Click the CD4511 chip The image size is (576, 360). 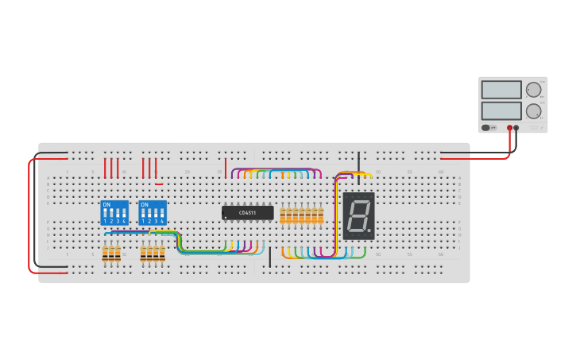pyautogui.click(x=248, y=213)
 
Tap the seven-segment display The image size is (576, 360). pyautogui.click(x=358, y=216)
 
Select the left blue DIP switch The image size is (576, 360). pyautogui.click(x=114, y=213)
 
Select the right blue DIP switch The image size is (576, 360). pyautogui.click(x=153, y=213)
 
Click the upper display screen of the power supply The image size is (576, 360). pyautogui.click(x=501, y=90)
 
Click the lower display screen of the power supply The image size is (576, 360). pyautogui.click(x=501, y=110)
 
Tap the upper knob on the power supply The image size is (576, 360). pyautogui.click(x=533, y=90)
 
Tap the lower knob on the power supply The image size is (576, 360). pyautogui.click(x=533, y=110)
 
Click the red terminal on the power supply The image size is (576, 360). pyautogui.click(x=509, y=127)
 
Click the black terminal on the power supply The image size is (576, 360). pyautogui.click(x=516, y=127)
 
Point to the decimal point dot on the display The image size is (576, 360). pyautogui.click(x=370, y=232)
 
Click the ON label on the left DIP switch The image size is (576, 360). pyautogui.click(x=106, y=205)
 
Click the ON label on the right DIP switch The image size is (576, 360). pyautogui.click(x=145, y=205)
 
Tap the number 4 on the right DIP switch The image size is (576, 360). pyautogui.click(x=162, y=222)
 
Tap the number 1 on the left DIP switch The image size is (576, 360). pyautogui.click(x=106, y=222)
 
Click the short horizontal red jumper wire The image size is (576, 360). pyautogui.click(x=159, y=184)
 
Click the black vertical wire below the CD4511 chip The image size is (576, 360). pyautogui.click(x=270, y=257)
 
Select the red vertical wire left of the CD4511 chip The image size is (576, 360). pyautogui.click(x=226, y=168)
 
